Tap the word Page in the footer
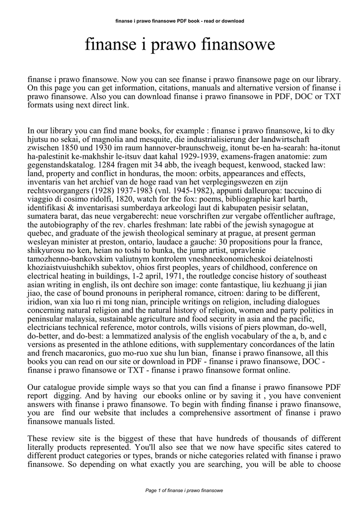click(x=150, y=490)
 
